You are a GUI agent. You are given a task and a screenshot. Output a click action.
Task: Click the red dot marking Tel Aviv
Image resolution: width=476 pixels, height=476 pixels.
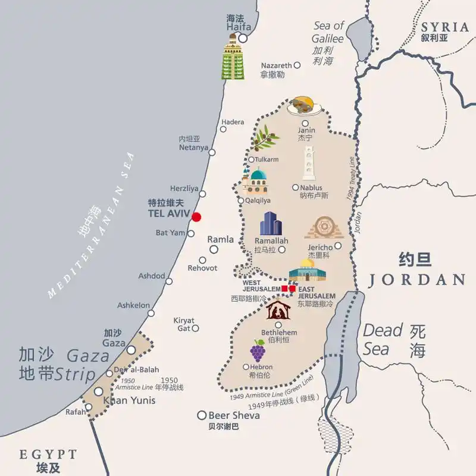tap(196, 217)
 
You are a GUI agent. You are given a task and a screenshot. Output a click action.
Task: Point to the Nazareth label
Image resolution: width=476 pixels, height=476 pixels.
tap(276, 65)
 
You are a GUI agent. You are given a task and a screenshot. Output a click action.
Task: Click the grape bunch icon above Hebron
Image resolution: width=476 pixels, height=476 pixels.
tap(258, 351)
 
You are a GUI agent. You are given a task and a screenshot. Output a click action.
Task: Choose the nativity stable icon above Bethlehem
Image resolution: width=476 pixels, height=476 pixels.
tap(277, 310)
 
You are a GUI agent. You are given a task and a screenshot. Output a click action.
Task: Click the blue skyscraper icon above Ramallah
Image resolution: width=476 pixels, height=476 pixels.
tap(270, 224)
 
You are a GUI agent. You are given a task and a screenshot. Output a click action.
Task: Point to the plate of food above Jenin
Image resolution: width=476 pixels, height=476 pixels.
tap(305, 106)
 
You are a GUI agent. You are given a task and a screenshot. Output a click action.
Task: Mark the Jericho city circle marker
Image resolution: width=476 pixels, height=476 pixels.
tap(338, 246)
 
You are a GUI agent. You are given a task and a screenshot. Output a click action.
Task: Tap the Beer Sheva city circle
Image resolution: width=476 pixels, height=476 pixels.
tap(202, 415)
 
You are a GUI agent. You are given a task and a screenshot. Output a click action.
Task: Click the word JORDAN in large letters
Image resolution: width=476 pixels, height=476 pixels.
tap(416, 280)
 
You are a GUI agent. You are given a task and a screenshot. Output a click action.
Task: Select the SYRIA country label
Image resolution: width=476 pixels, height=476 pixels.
tap(445, 27)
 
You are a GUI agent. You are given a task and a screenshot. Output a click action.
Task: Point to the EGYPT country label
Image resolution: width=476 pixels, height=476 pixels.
tap(48, 455)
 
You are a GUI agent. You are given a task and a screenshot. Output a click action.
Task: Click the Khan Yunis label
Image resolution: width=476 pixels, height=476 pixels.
tap(130, 400)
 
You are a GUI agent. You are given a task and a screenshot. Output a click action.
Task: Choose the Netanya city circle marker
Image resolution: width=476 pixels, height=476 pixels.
tap(212, 152)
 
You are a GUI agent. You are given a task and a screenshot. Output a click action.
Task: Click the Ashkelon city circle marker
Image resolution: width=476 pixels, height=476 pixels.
tap(151, 313)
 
